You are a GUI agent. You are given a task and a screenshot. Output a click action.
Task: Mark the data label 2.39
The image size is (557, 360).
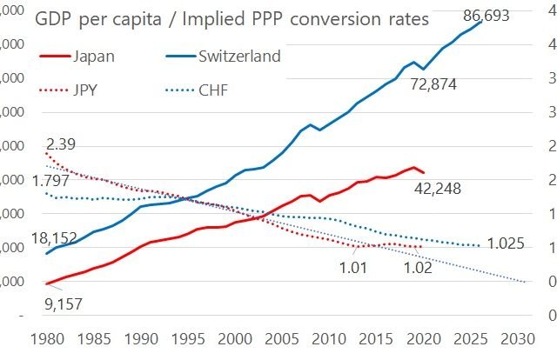(64, 143)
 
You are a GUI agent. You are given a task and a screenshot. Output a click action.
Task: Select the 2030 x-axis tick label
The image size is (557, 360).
(517, 337)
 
